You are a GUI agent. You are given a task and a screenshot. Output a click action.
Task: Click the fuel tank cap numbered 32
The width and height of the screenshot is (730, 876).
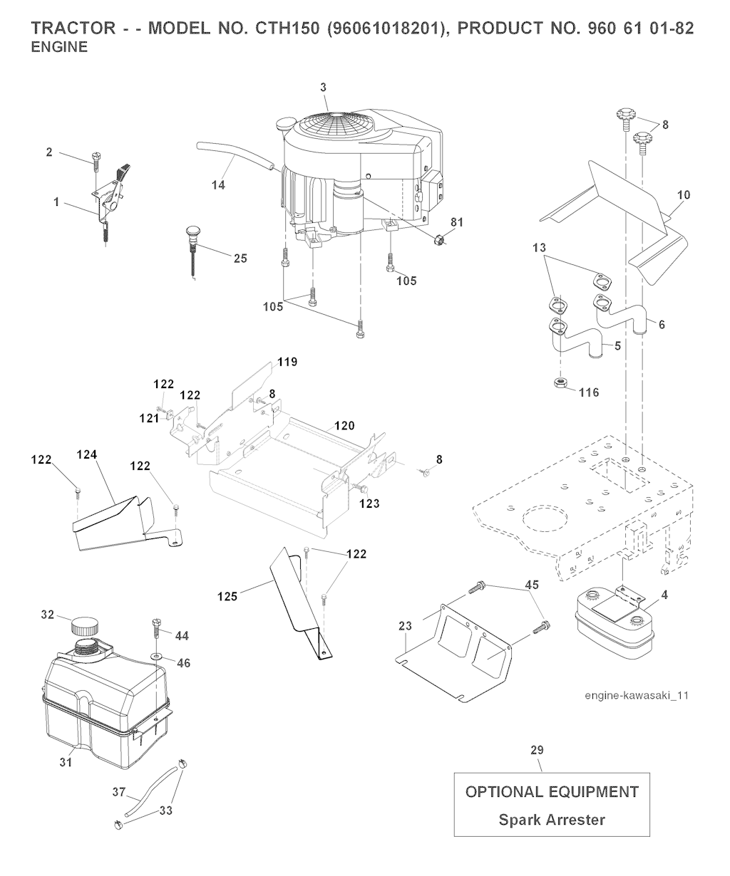86,626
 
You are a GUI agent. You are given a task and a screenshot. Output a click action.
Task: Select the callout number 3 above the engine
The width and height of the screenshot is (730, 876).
323,88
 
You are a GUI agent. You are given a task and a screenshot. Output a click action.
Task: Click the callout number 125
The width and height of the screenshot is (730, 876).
227,596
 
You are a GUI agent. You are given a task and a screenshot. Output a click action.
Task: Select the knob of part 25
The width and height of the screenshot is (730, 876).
193,232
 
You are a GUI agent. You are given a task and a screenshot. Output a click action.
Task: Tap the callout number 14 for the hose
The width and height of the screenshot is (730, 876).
218,184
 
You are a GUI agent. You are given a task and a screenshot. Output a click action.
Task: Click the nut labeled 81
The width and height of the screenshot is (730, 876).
438,239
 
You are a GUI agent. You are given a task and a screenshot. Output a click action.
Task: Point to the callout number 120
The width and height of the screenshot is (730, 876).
344,425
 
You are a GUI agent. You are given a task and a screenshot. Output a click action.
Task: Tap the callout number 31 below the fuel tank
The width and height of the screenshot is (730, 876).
66,762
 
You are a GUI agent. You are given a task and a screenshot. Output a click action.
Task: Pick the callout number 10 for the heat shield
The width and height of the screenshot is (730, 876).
684,194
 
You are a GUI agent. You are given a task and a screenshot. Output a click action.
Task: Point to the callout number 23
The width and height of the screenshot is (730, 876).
406,626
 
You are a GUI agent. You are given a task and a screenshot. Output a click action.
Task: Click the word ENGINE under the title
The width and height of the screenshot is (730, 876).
60,47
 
